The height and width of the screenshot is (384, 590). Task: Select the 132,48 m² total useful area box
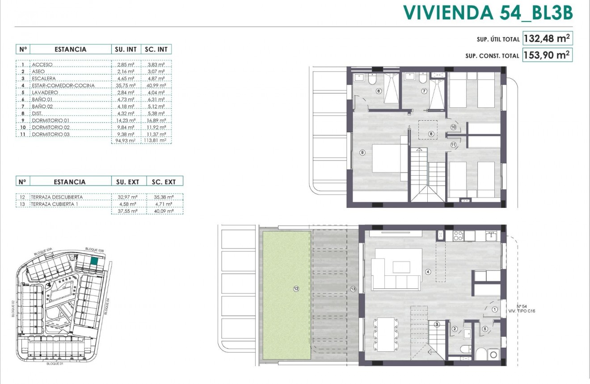547,38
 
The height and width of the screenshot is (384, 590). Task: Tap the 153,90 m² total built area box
547,55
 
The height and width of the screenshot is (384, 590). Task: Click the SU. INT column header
126,49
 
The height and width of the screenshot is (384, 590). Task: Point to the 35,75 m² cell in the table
126,85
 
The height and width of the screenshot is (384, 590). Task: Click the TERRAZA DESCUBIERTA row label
57,197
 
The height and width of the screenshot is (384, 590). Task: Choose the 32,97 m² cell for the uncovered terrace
127,197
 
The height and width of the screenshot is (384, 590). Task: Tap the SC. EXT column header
164,181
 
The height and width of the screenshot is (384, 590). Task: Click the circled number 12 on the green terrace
296,289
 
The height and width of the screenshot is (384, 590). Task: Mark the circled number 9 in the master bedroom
362,152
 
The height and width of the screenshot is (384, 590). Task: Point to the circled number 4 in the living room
428,271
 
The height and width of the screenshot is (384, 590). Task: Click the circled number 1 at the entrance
494,309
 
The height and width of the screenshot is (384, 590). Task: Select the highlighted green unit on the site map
94,262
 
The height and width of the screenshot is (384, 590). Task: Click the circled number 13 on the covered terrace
354,289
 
